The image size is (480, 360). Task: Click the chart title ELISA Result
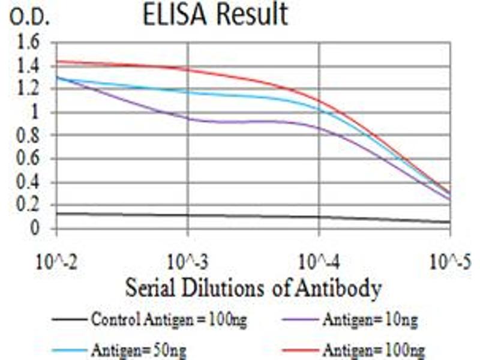coord(215,14)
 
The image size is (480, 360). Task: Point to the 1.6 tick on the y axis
coord(29,43)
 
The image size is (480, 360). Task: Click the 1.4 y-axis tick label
coord(29,66)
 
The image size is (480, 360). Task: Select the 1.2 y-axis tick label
coord(29,89)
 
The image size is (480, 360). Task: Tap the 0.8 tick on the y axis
coord(29,136)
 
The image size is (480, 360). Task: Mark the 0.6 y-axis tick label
coord(29,159)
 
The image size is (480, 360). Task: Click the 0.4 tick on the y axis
coord(29,182)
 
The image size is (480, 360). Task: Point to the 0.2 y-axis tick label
coord(29,205)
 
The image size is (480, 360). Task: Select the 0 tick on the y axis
coord(35,229)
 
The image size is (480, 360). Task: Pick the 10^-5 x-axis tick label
coord(449,262)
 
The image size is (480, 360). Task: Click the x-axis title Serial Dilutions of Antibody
coord(253,289)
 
